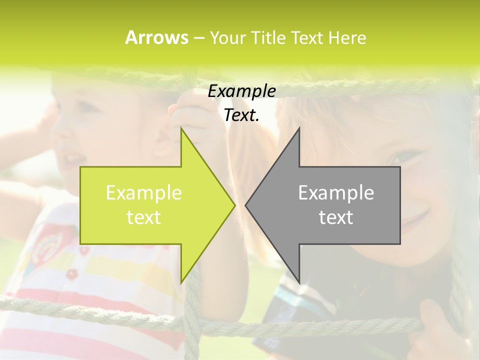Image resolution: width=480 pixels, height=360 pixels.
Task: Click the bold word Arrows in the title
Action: tap(156, 37)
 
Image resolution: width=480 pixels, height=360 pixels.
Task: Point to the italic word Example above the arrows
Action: tap(241, 91)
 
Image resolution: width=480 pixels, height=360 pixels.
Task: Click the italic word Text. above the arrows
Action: tap(241, 115)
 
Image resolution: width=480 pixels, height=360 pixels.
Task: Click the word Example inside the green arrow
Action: tap(144, 193)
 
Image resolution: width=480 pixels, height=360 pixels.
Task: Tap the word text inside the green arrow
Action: tap(144, 217)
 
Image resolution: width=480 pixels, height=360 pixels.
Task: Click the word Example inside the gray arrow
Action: tap(336, 193)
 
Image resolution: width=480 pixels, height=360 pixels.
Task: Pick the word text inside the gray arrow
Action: tap(336, 217)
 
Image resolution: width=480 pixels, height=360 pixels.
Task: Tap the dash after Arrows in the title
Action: tap(198, 38)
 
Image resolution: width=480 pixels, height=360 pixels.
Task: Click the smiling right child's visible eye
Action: tap(402, 157)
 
